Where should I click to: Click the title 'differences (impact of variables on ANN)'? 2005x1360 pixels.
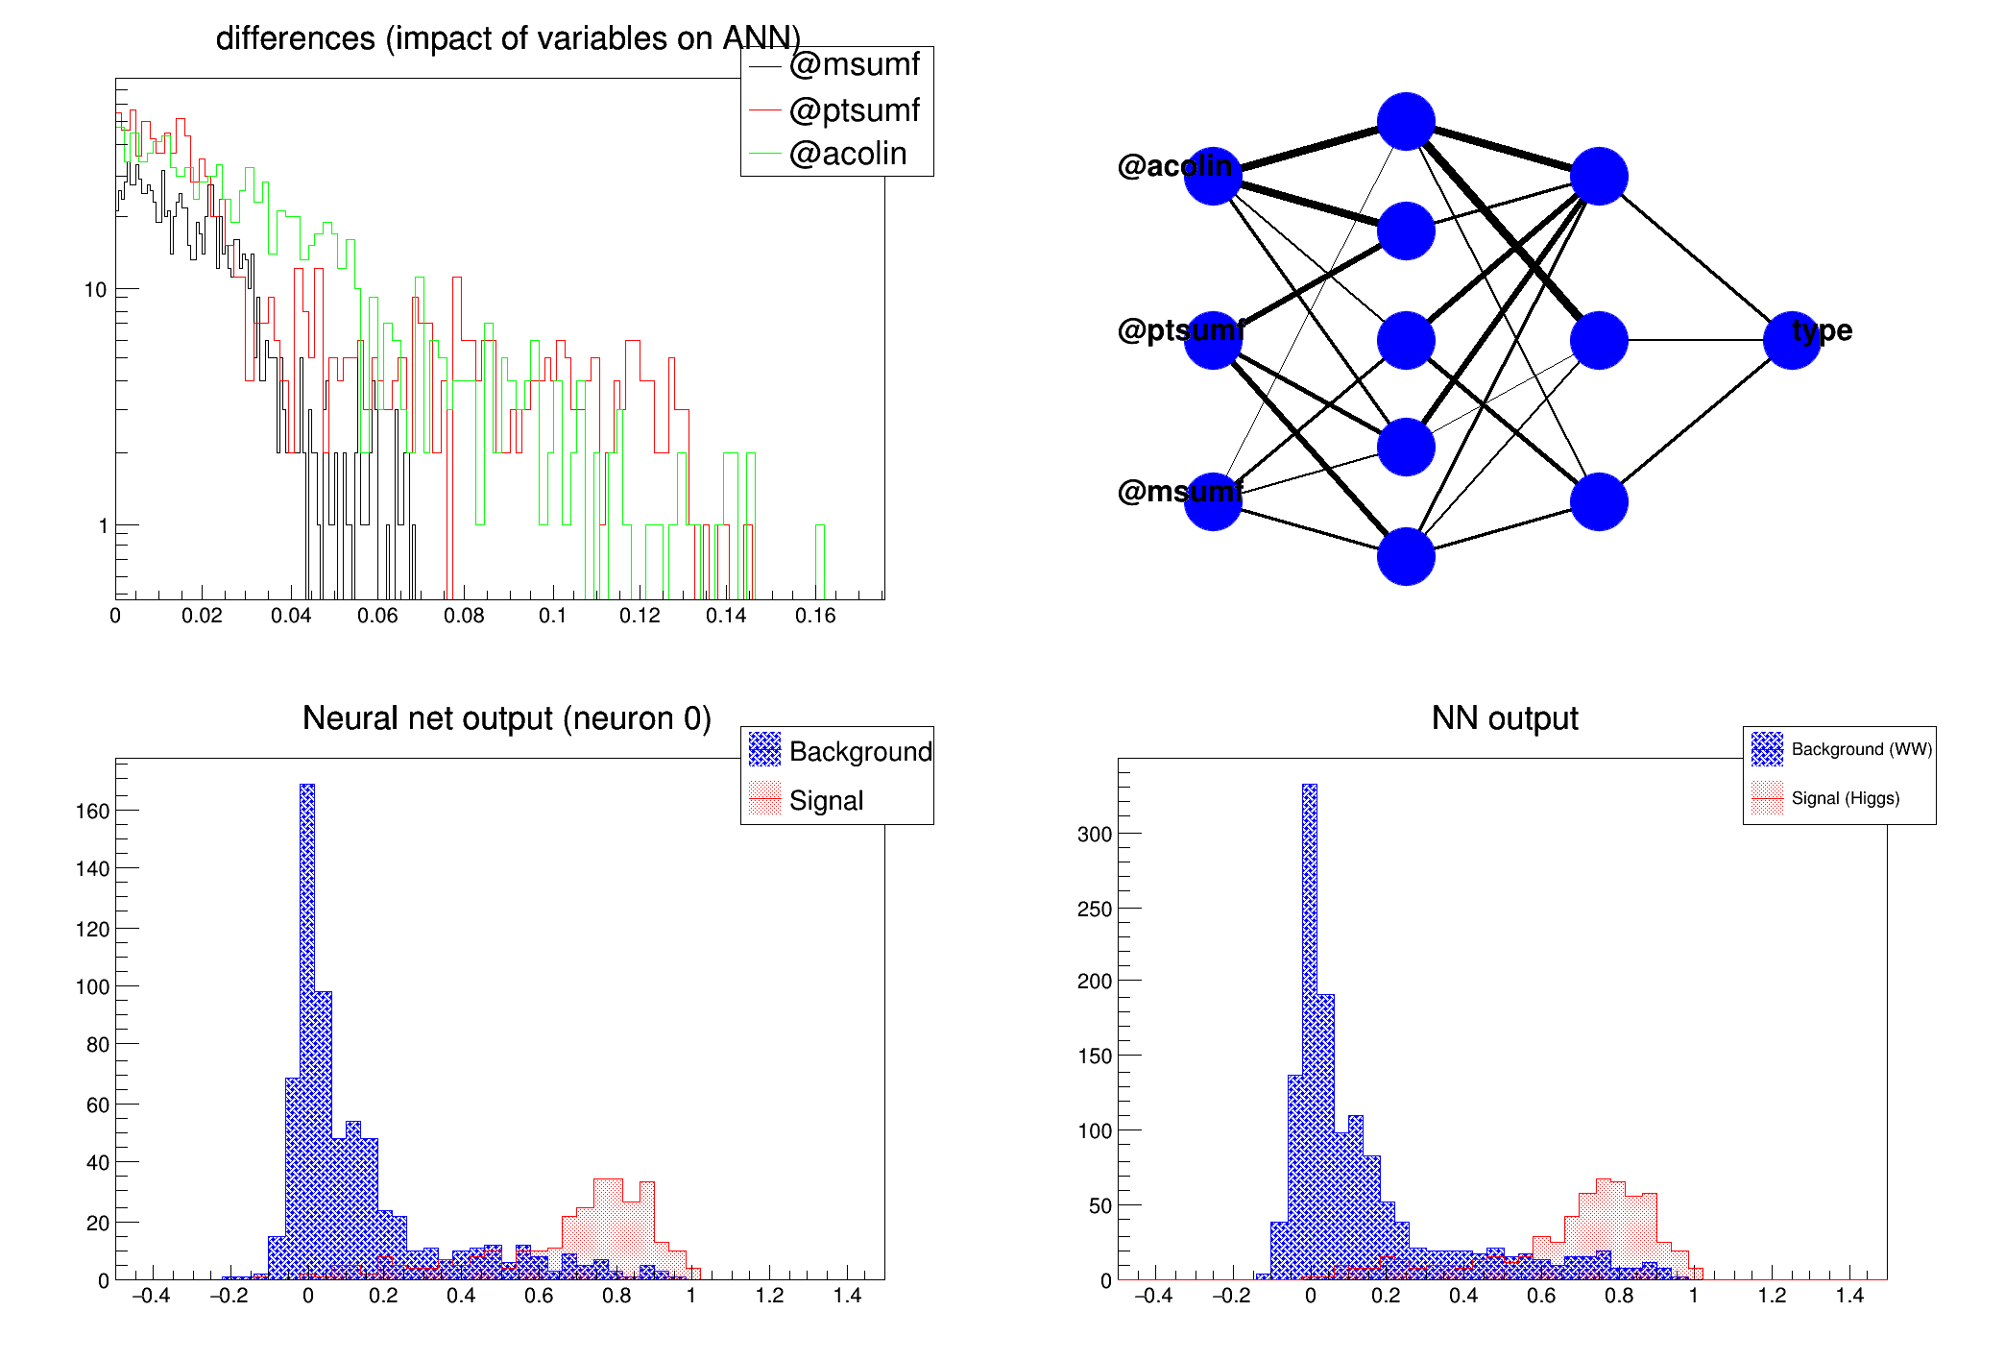[508, 38]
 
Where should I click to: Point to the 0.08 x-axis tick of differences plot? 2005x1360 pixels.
[464, 616]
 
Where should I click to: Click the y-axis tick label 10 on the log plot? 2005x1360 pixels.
[95, 290]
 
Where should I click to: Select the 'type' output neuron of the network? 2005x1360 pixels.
[1792, 340]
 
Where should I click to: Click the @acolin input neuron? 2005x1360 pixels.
[1213, 177]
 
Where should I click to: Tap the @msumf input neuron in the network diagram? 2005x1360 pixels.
[1213, 501]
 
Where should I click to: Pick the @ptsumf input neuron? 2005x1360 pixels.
[1213, 340]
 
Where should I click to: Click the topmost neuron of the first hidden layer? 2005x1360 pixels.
[1406, 122]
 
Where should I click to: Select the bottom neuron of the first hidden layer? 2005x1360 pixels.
[1406, 556]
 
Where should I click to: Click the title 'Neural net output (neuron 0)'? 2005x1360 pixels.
[506, 718]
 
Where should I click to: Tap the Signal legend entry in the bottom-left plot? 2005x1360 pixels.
[826, 800]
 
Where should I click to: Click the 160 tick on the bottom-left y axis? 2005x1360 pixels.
[92, 812]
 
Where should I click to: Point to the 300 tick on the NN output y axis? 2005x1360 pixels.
[1094, 835]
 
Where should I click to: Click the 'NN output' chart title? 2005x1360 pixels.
[1504, 718]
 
